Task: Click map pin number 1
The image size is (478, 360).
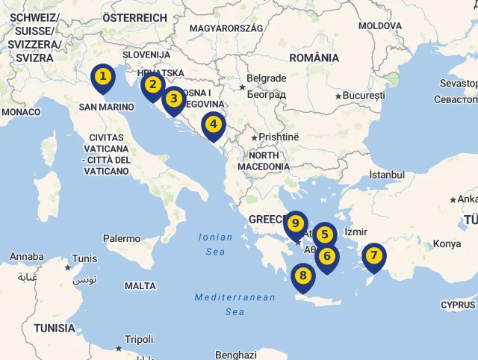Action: point(103,77)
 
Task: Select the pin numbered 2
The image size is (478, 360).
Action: point(152,85)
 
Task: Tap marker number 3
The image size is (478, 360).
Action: point(173,99)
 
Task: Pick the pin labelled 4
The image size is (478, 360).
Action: point(213,125)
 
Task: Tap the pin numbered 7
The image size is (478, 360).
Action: point(373,256)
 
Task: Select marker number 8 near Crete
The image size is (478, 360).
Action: point(302,276)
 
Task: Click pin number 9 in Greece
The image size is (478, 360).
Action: point(296,224)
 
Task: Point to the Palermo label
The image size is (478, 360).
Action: point(122,239)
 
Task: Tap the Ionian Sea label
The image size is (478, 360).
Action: point(215,244)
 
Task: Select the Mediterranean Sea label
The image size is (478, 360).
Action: point(235,304)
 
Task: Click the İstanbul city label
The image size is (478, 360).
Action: point(386,175)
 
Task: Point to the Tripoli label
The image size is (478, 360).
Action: point(139,339)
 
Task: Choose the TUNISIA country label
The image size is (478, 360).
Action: point(55,328)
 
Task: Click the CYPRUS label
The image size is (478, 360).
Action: point(458,305)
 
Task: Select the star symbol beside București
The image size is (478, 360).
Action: point(338,96)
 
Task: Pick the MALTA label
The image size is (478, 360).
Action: point(140,286)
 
